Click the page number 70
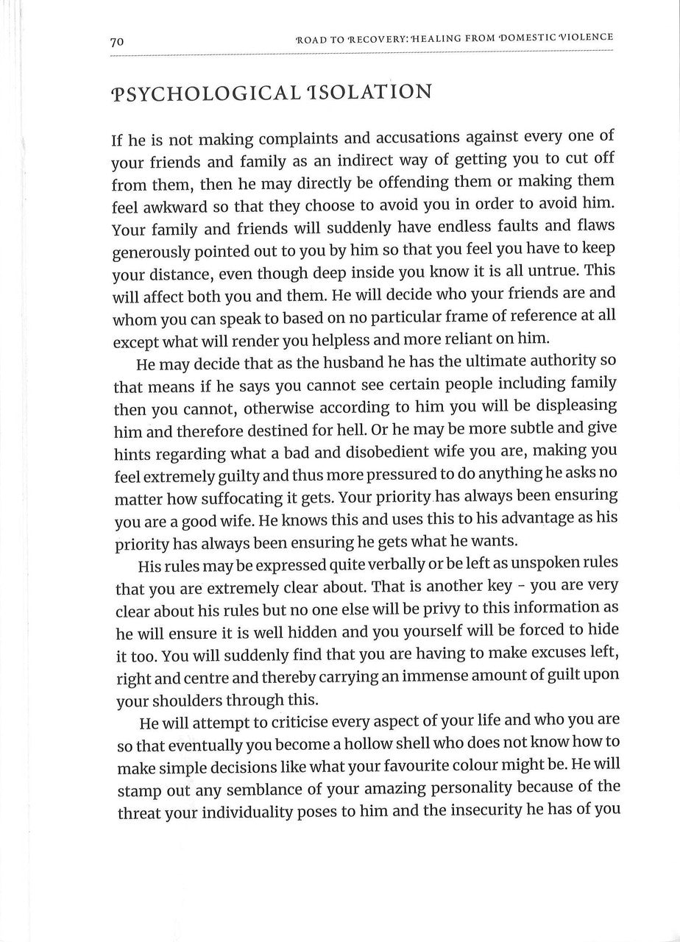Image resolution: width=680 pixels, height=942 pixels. coord(116,43)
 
